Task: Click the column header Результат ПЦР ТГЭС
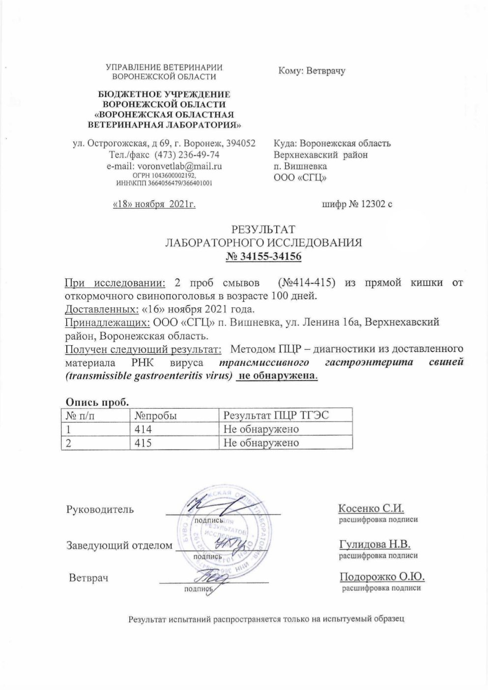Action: coord(276,416)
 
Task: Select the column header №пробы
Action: coord(156,416)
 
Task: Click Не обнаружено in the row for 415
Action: coord(261,443)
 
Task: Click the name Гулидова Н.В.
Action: coord(374,544)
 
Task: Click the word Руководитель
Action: coord(100,509)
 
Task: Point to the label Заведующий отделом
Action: coord(120,545)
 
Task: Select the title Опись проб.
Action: coord(93,402)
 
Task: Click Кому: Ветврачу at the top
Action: coord(312,71)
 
